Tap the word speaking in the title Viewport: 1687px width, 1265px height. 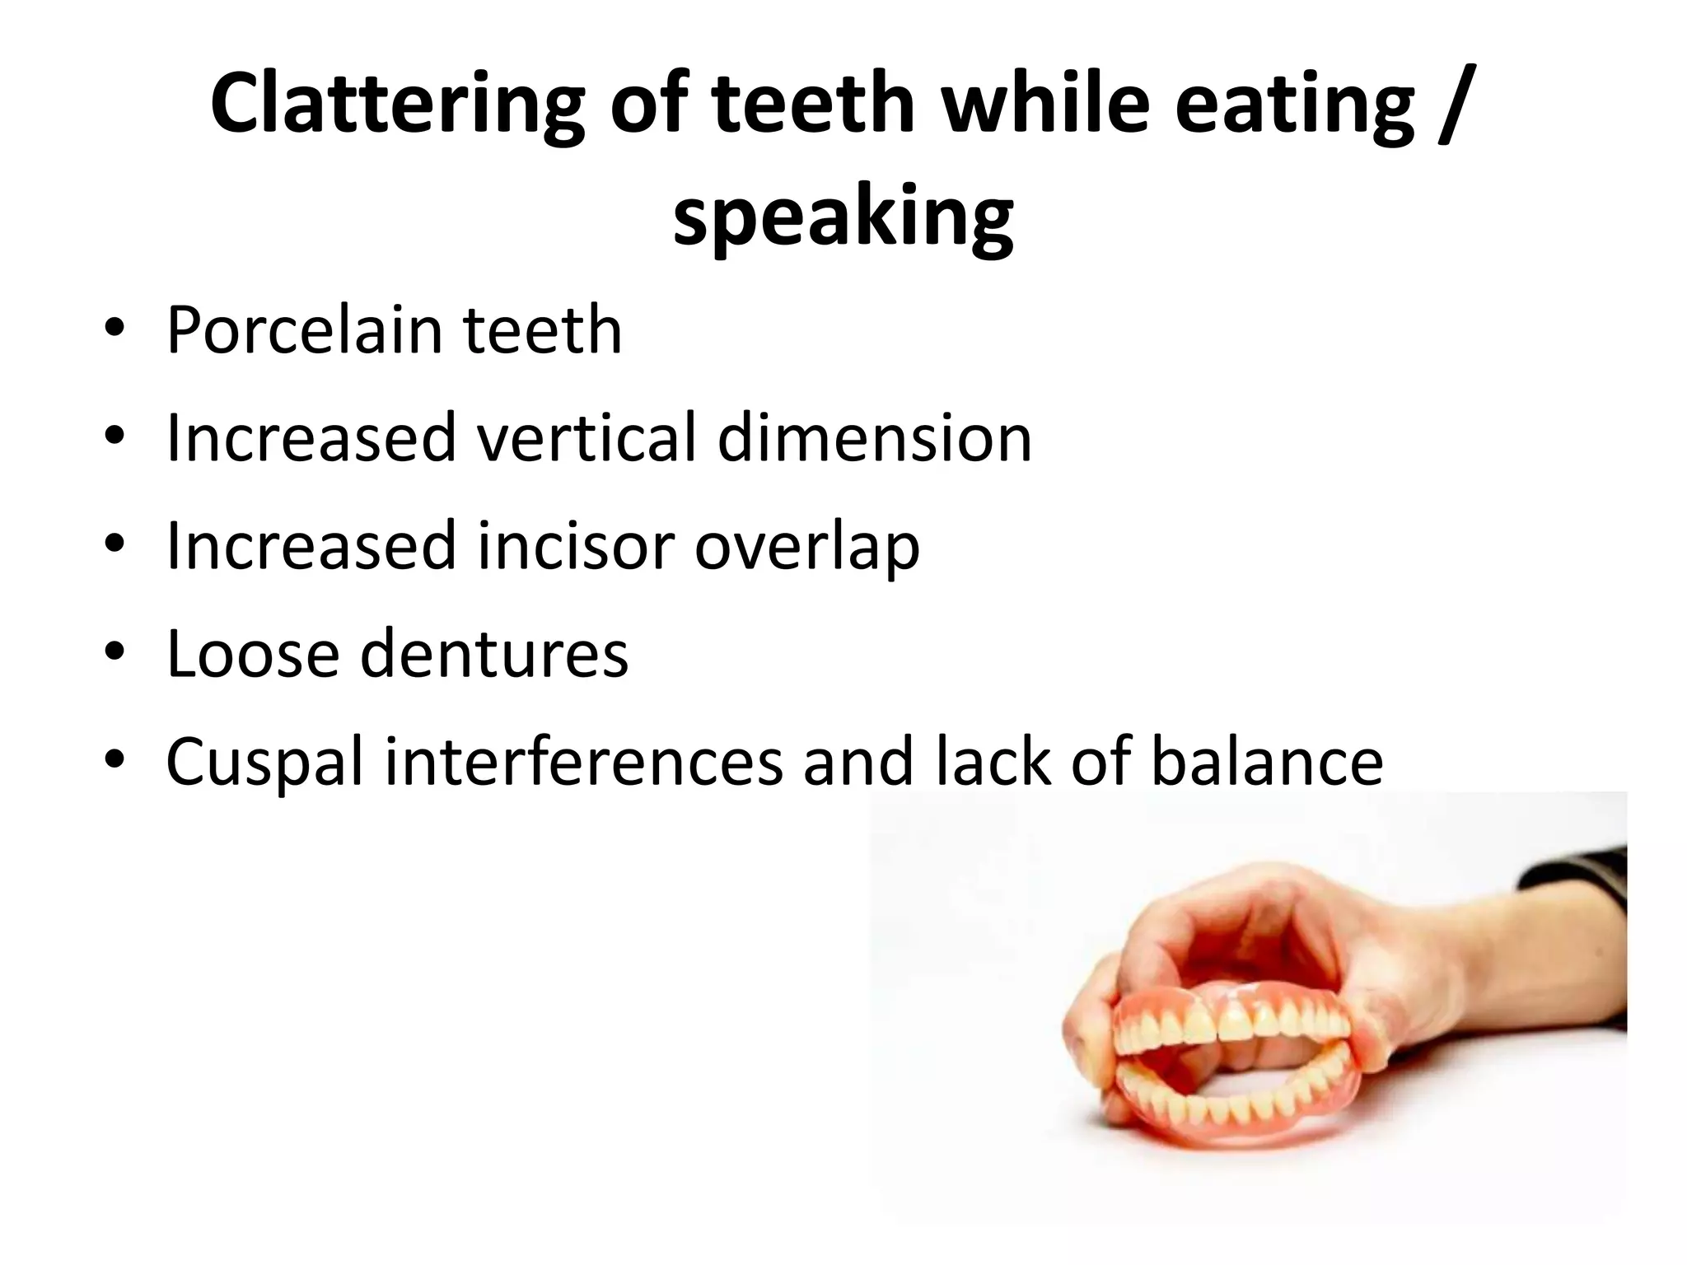tap(843, 217)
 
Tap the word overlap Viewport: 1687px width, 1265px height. tap(807, 547)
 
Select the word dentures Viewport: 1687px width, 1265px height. tap(494, 654)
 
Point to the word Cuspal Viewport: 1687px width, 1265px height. tap(264, 763)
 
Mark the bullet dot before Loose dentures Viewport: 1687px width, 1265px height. tap(114, 651)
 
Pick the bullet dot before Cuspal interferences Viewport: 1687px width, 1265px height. tap(114, 759)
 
